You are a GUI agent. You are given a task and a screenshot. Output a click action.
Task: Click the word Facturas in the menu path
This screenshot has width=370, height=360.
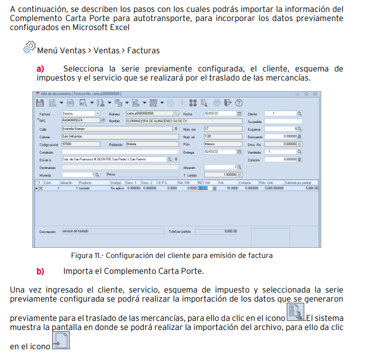coord(143,50)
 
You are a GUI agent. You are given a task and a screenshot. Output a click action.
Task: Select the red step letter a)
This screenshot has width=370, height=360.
coord(40,68)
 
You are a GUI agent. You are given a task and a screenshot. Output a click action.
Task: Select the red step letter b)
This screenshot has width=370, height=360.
coord(40,270)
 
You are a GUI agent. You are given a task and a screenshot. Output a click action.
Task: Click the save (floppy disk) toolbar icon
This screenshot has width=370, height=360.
coord(40,103)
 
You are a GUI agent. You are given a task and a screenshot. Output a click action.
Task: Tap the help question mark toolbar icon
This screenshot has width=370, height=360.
coord(239,103)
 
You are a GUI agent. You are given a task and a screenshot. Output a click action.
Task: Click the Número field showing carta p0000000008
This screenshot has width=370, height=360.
coord(150,114)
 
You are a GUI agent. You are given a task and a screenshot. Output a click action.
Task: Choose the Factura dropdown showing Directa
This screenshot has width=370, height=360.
coord(80,114)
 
